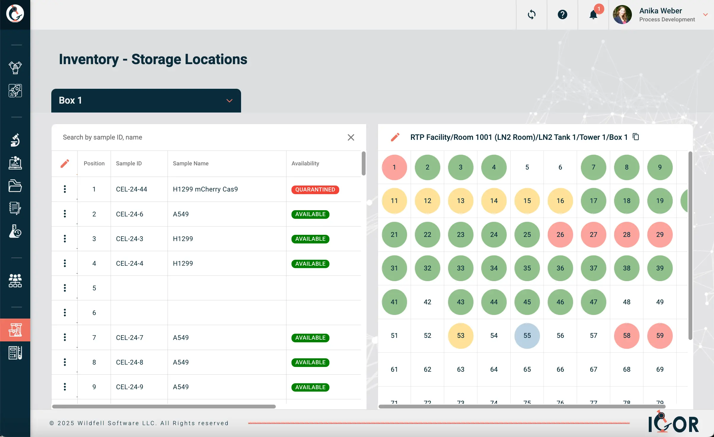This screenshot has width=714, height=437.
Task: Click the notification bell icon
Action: pos(593,15)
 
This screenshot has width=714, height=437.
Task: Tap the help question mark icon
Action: pos(562,15)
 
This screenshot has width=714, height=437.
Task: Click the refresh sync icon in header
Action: pos(531,15)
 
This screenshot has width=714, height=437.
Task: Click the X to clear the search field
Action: pos(351,137)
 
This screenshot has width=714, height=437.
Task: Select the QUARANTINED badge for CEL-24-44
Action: pos(315,190)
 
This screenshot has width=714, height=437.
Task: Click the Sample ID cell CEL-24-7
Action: pos(130,338)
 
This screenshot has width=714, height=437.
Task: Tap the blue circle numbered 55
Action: pos(527,336)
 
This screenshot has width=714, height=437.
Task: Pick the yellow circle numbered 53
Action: pos(460,336)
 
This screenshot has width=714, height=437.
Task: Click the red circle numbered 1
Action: pos(394,167)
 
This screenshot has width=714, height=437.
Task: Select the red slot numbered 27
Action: pos(593,235)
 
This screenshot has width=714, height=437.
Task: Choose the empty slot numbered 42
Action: pos(427,302)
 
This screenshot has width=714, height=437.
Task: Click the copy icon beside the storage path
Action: pos(636,137)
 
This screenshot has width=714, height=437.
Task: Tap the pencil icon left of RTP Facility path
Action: pos(395,137)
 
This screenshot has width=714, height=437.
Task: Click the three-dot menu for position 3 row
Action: pos(65,239)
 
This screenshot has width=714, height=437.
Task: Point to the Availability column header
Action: pos(305,164)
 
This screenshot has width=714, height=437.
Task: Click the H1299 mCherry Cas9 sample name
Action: pos(205,189)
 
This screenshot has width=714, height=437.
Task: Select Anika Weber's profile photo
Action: pos(622,15)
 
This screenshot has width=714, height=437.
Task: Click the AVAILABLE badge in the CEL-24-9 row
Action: pos(310,387)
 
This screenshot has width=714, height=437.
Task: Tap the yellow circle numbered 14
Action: pos(494,201)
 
